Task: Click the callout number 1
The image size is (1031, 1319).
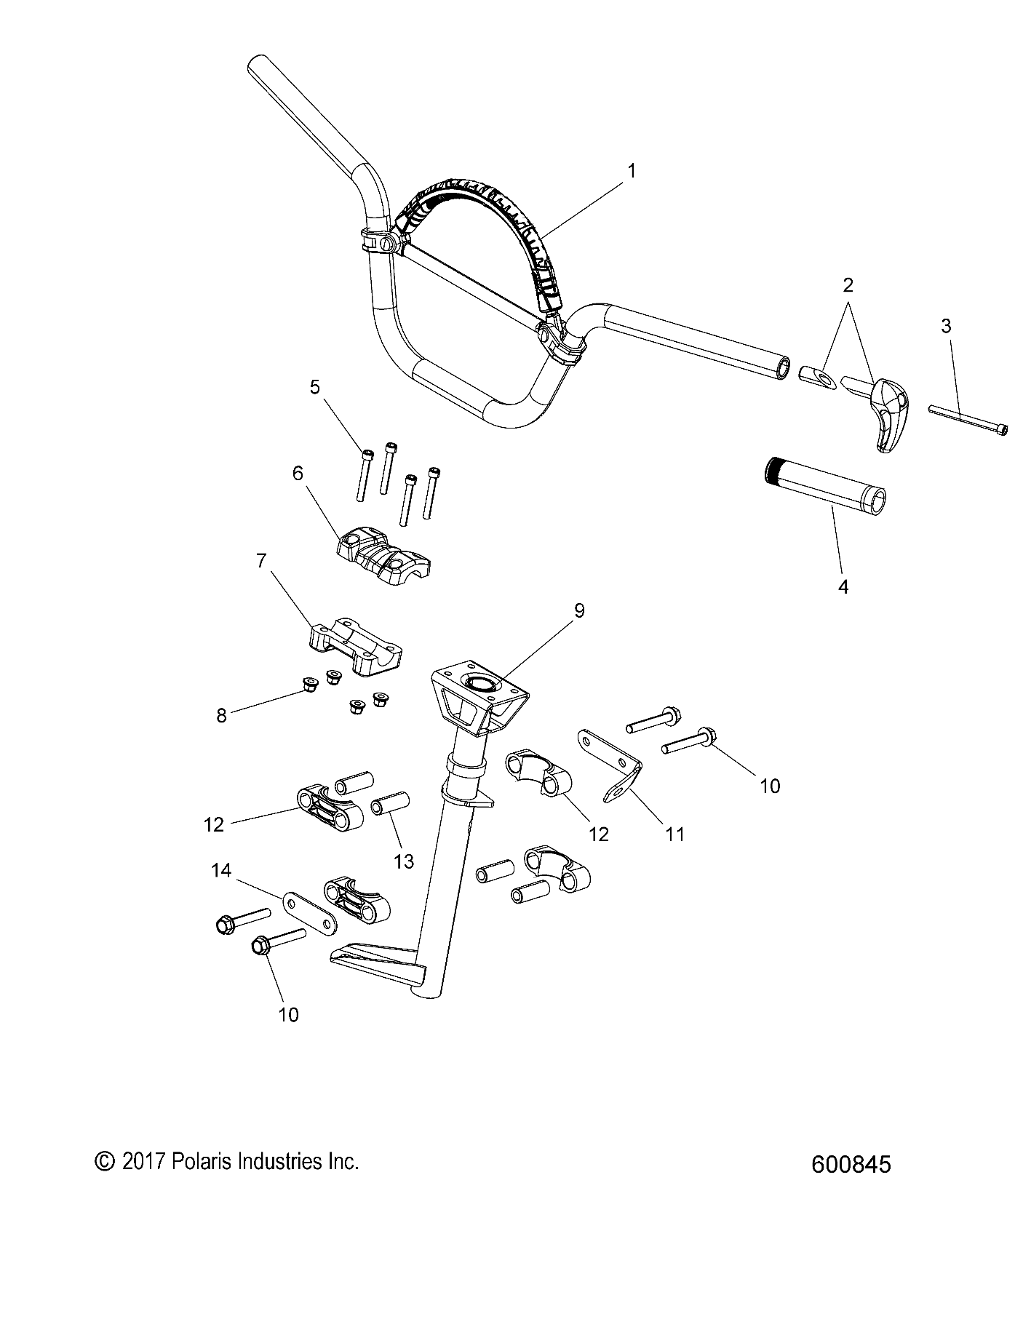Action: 632,172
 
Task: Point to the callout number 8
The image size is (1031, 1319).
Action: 221,715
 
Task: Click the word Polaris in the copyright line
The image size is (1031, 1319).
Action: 199,1162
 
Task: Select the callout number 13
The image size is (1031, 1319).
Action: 403,861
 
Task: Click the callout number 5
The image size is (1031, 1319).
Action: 314,387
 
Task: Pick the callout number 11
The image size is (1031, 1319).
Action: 675,834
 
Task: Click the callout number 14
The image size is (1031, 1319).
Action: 221,870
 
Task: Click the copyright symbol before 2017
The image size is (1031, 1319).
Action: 106,1162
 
